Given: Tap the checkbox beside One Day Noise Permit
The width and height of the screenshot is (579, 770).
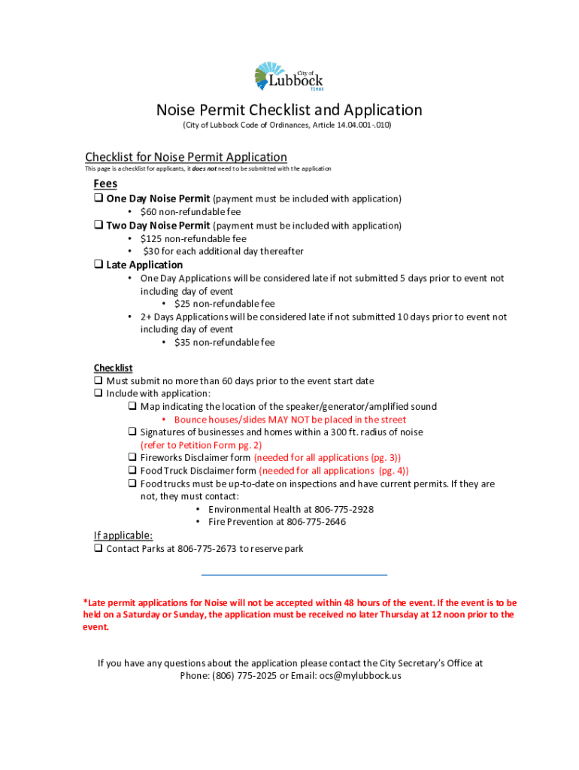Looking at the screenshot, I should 99,199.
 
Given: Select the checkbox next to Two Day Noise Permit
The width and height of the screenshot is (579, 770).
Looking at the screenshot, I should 99,226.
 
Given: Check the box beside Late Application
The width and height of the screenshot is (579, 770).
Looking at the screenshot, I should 99,265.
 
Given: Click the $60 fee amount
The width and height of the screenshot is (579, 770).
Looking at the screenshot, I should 150,212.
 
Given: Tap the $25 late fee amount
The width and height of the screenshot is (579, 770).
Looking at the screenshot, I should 183,304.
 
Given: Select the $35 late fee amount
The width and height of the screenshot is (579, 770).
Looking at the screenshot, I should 183,342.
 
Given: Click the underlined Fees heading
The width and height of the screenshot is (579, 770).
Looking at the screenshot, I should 105,184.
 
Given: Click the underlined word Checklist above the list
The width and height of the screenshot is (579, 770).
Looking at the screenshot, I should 113,368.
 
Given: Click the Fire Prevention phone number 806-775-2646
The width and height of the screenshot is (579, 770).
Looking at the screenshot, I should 317,522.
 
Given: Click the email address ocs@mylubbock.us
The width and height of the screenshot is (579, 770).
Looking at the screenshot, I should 360,675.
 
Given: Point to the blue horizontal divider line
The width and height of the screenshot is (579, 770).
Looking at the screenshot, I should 294,575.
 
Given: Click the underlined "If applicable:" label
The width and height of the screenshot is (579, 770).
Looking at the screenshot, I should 123,535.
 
